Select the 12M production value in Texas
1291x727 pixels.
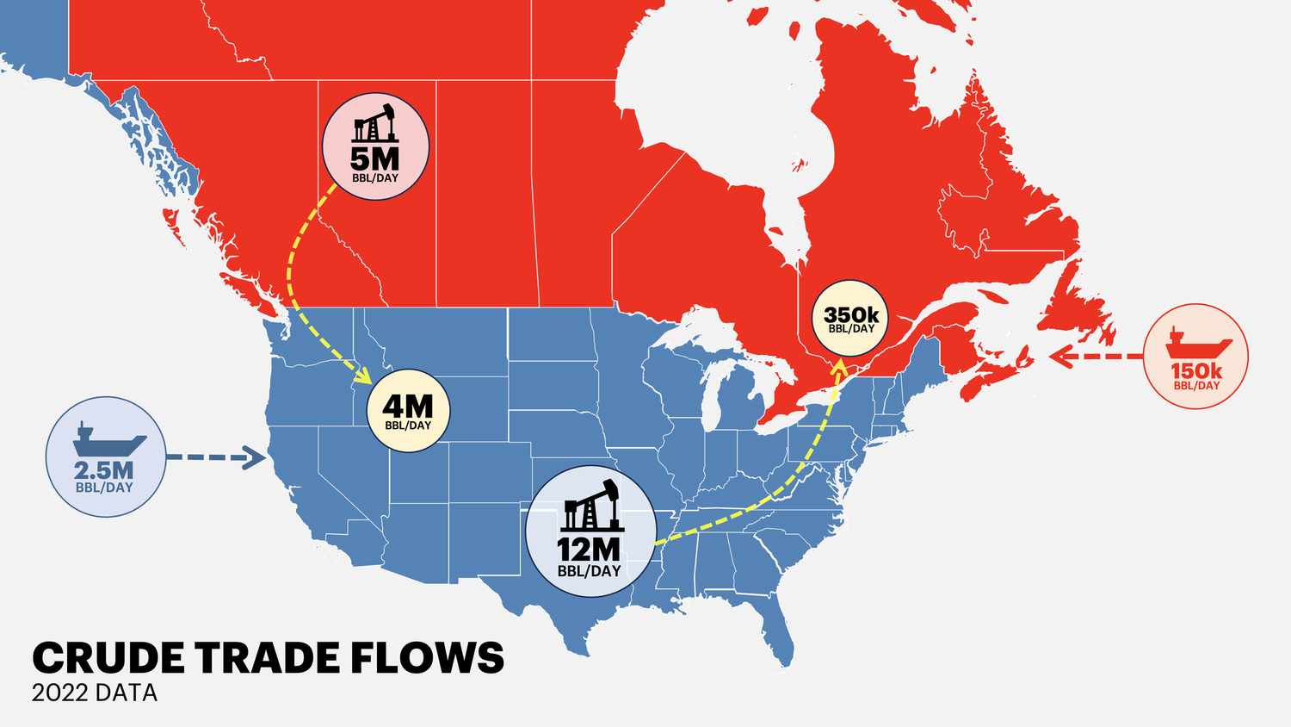589,549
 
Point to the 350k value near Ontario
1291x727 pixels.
851,314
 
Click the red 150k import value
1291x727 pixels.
1196,371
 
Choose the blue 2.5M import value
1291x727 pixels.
104,470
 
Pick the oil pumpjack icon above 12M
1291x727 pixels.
590,506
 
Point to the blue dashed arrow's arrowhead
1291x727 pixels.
256,457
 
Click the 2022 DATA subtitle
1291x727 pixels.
95,693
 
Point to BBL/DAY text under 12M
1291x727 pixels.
589,571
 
